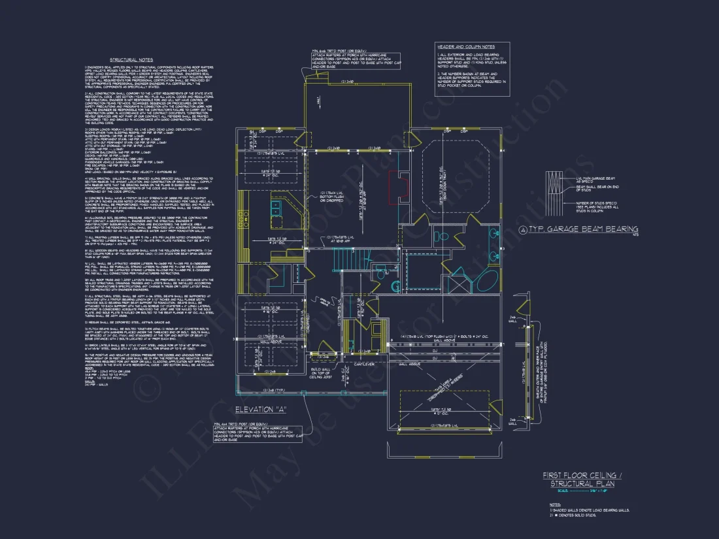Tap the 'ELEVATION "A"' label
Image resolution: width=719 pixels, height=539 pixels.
tap(261, 410)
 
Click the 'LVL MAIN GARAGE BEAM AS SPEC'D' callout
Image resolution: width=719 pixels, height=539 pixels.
tap(595, 179)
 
